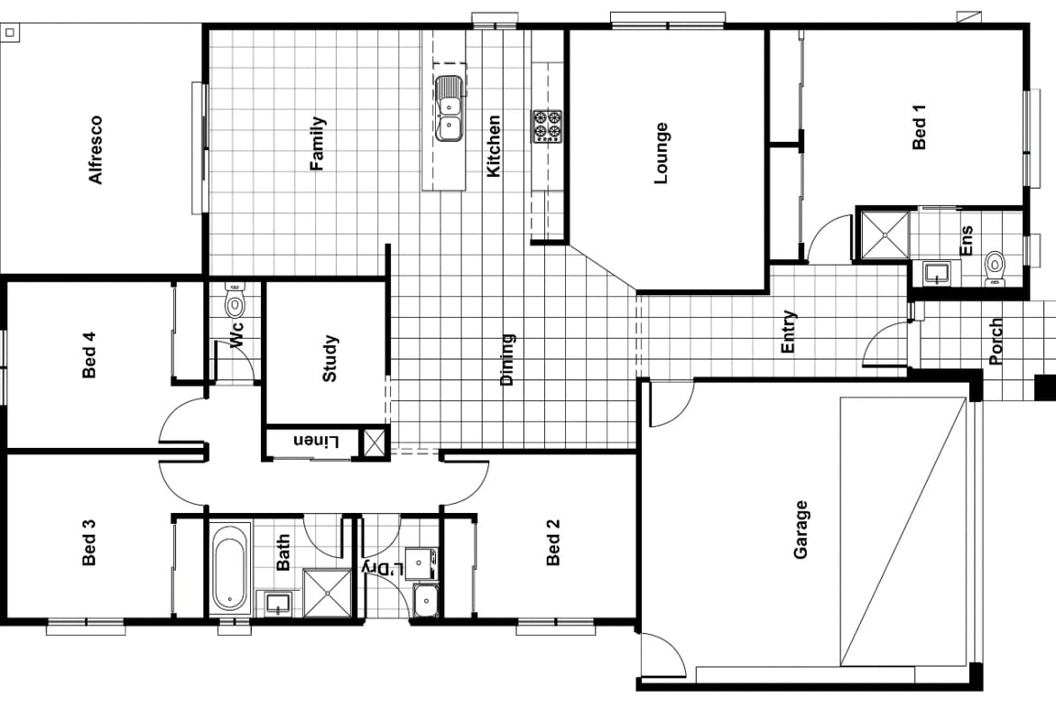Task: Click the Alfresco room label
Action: pos(96,150)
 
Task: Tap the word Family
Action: pos(317,144)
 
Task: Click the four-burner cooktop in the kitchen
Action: pos(546,126)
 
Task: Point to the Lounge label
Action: pos(661,153)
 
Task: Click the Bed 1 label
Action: pos(920,127)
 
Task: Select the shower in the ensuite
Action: pos(885,234)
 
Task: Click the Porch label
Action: pos(996,341)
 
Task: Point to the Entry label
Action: pos(788,331)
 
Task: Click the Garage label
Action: pos(801,530)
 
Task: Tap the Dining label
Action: pos(506,359)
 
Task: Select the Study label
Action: pos(329,359)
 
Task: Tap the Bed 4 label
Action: pos(88,355)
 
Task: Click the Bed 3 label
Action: pos(88,542)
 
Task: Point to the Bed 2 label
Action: pos(553,542)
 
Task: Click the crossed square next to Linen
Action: pos(373,443)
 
